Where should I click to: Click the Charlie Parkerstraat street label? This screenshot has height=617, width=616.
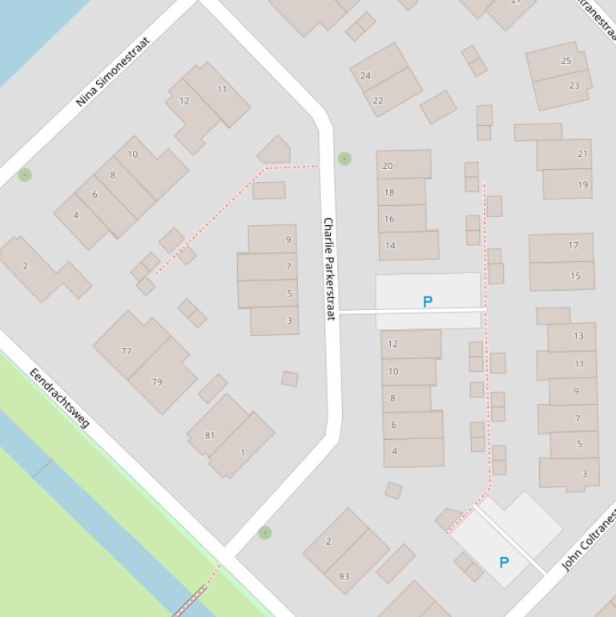click(x=328, y=268)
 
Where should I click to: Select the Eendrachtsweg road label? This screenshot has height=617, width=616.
click(x=60, y=397)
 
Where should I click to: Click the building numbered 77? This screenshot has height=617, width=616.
click(x=127, y=351)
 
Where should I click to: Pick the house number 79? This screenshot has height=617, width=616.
click(x=157, y=381)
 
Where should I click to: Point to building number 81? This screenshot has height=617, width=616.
click(x=210, y=435)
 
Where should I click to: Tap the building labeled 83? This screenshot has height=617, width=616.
click(x=344, y=575)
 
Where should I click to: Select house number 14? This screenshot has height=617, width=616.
click(x=390, y=245)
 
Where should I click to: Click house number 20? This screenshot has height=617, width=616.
click(x=388, y=166)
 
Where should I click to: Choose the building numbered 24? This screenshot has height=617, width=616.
click(x=365, y=75)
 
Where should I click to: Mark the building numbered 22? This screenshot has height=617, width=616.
click(x=378, y=100)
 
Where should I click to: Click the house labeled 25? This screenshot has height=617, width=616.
click(x=566, y=61)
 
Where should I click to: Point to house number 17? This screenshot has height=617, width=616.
click(x=574, y=245)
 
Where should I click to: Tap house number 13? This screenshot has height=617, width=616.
click(x=578, y=336)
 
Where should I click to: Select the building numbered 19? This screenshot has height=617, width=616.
click(x=582, y=184)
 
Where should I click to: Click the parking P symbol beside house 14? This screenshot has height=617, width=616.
click(x=428, y=301)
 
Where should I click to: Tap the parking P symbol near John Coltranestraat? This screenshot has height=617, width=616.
click(x=504, y=563)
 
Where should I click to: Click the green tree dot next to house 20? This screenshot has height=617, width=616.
click(x=344, y=159)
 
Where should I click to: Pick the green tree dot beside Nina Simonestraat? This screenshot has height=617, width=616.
click(x=26, y=175)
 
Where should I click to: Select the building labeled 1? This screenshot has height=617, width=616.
click(x=243, y=453)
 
